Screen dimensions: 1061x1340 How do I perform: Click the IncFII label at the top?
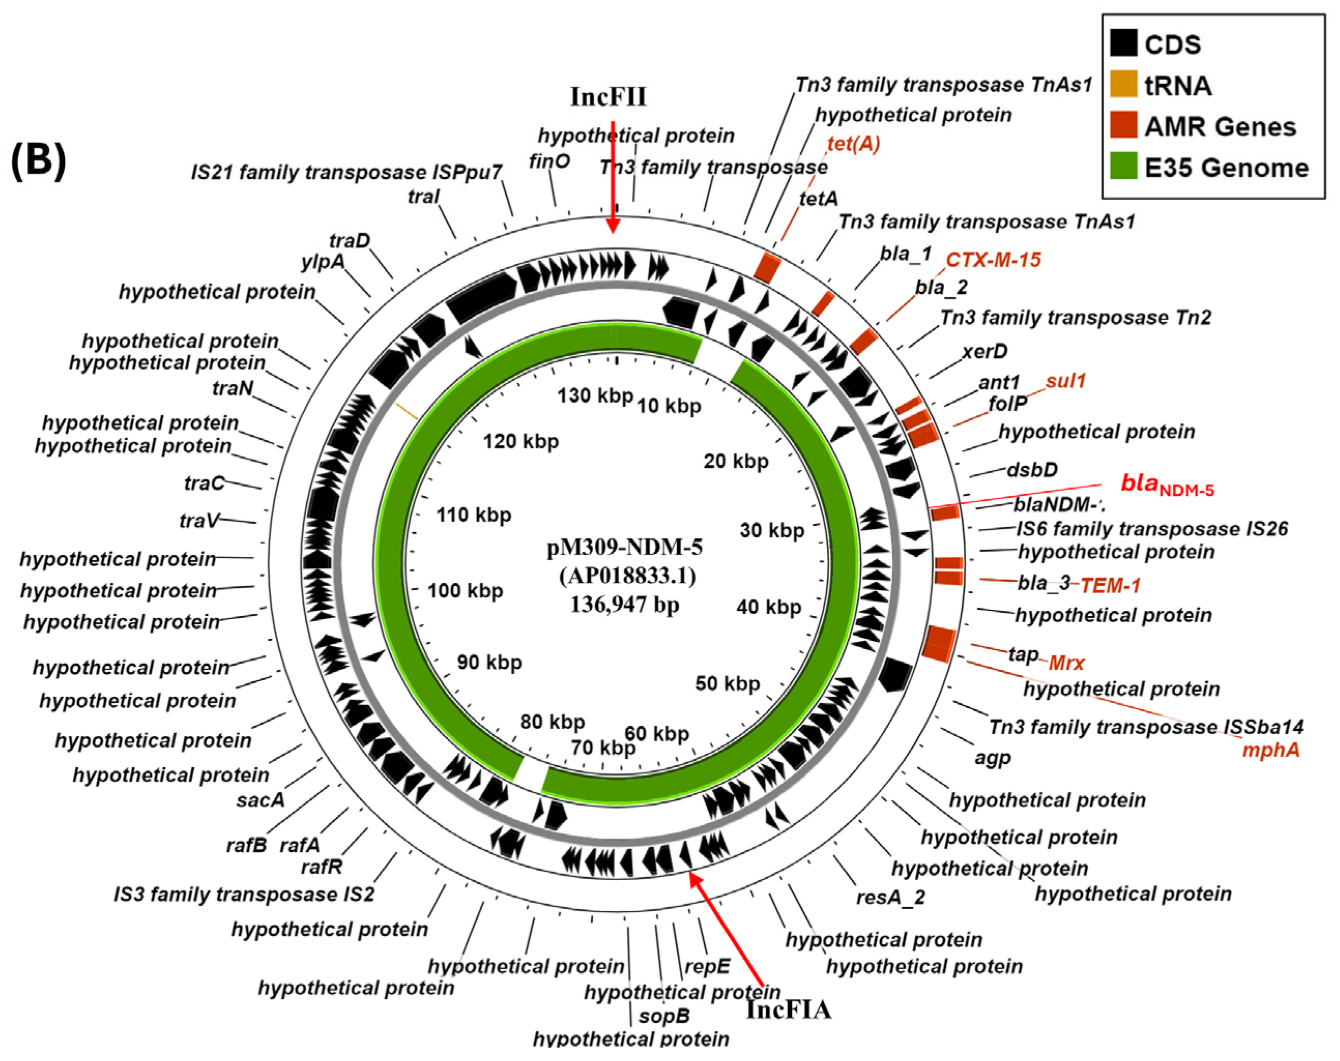608,97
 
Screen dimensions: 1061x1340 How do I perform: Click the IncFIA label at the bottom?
788,1009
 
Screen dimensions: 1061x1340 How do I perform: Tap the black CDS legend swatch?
1123,43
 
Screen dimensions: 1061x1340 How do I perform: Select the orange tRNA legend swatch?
1123,84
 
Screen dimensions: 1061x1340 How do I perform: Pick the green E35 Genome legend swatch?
1123,166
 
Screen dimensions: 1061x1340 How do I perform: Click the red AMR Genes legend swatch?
1123,125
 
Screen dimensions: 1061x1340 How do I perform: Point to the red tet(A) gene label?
853,144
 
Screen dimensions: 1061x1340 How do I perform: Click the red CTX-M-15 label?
993,260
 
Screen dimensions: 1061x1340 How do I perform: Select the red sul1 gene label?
1065,381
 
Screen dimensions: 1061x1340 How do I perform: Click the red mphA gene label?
1270,750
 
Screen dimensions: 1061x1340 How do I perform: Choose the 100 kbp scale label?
465,590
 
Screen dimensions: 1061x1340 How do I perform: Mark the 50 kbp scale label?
727,683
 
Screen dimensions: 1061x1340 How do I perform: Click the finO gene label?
549,162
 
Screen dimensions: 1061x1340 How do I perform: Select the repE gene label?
707,967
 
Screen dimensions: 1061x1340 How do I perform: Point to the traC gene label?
204,483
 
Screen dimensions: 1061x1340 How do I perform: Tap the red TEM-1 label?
1110,585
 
